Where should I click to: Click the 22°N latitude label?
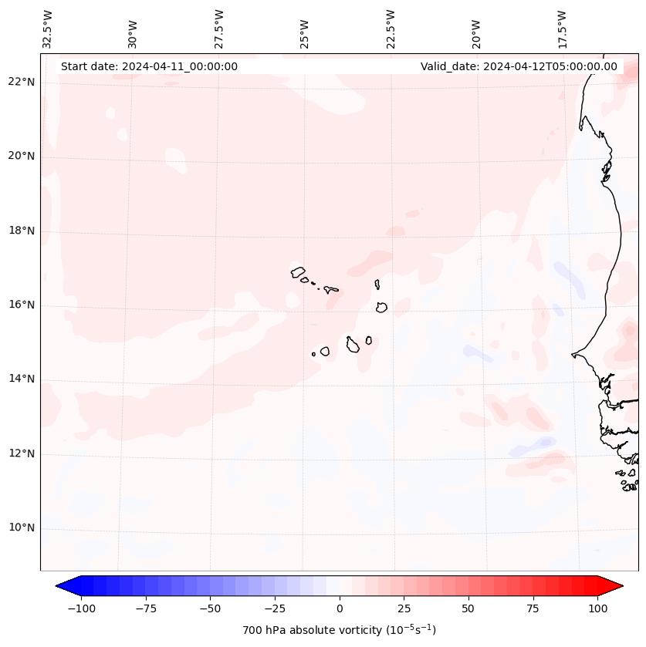pyautogui.click(x=22, y=82)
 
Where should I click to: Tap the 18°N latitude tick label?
pyautogui.click(x=22, y=231)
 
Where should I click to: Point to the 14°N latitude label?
pyautogui.click(x=22, y=379)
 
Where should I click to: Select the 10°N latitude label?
pyautogui.click(x=22, y=527)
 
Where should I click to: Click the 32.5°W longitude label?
pyautogui.click(x=48, y=30)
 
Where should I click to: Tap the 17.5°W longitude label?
pyautogui.click(x=562, y=30)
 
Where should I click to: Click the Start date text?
pyautogui.click(x=149, y=66)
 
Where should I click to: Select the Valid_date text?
pyautogui.click(x=519, y=66)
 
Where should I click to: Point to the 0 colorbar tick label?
pyautogui.click(x=339, y=608)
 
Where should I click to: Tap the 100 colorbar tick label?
pyautogui.click(x=597, y=608)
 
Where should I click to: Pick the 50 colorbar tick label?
pyautogui.click(x=468, y=608)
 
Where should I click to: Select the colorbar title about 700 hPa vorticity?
pyautogui.click(x=339, y=630)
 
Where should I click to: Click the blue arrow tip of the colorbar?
pyautogui.click(x=59, y=586)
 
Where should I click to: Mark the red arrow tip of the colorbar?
pyautogui.click(x=620, y=586)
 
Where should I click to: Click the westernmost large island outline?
pyautogui.click(x=298, y=271)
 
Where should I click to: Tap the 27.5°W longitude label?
pyautogui.click(x=219, y=30)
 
